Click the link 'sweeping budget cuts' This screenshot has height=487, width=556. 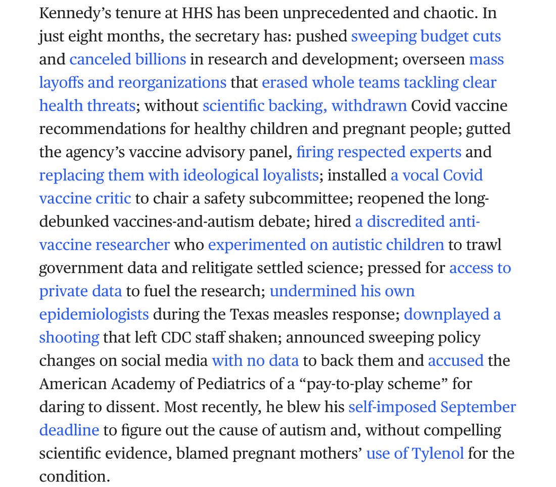(x=426, y=36)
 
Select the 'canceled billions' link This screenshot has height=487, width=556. (x=127, y=60)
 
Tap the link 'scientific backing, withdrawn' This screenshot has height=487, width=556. (x=304, y=106)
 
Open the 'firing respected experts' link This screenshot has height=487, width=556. (x=379, y=152)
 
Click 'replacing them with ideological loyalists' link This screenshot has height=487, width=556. (x=178, y=175)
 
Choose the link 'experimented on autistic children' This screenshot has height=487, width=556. (x=326, y=245)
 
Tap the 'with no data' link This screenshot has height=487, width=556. (x=255, y=361)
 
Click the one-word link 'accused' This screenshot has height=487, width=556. (x=455, y=361)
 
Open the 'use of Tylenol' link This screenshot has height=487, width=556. (x=414, y=453)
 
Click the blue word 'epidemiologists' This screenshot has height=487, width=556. (x=94, y=315)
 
